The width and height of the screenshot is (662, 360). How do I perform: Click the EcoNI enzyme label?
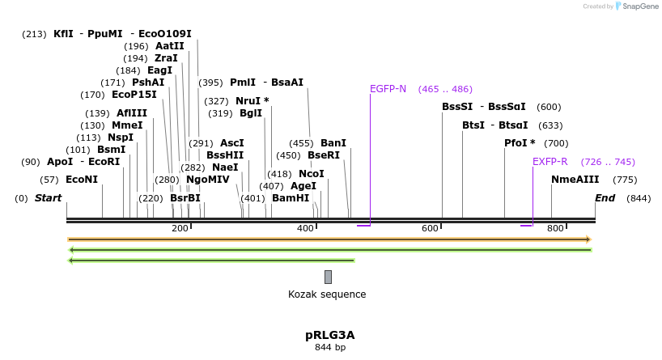click(x=81, y=180)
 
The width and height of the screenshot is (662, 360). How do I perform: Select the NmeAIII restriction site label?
click(x=575, y=180)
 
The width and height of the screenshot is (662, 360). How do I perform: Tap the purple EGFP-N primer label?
click(x=388, y=89)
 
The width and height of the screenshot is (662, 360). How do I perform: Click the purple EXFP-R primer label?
click(x=550, y=162)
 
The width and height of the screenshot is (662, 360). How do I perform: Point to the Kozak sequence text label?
click(x=327, y=294)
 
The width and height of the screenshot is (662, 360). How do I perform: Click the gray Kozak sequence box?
click(x=328, y=277)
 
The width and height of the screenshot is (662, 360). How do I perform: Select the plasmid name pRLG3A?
click(x=329, y=335)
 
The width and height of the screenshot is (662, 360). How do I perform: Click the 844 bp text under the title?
click(x=329, y=348)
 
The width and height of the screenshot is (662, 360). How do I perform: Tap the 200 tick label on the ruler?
click(x=180, y=229)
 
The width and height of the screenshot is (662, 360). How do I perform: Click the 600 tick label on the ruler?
click(x=430, y=229)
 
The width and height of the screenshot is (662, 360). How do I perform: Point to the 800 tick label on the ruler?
click(x=555, y=229)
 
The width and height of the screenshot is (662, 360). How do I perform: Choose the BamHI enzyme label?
click(x=291, y=198)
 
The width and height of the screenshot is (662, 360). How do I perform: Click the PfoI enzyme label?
click(x=520, y=143)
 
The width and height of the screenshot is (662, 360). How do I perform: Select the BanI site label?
click(x=333, y=143)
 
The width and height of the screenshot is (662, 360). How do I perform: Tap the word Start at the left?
click(x=48, y=198)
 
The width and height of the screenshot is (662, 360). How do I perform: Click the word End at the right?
click(x=605, y=198)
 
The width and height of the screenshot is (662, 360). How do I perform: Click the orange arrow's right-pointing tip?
click(x=590, y=239)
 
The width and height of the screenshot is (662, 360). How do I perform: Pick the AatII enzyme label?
click(x=170, y=46)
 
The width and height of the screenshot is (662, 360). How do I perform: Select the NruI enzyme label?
click(x=252, y=101)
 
